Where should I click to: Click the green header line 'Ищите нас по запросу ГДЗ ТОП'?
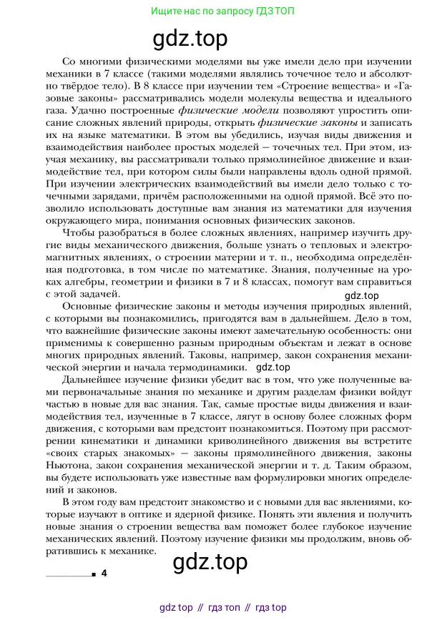222,11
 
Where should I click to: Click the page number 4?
104,574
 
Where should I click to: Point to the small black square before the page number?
93,574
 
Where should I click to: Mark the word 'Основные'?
89,306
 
